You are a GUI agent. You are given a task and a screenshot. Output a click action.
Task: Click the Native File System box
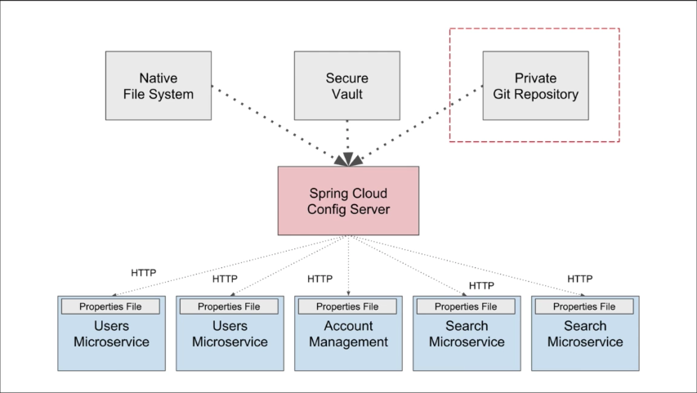click(159, 86)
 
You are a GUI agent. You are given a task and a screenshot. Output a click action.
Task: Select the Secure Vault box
click(346, 86)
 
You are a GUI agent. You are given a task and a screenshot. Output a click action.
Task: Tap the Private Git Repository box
click(535, 86)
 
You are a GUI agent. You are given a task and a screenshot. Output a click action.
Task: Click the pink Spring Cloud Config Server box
click(348, 201)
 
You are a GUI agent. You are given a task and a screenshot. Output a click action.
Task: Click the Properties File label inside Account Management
click(347, 306)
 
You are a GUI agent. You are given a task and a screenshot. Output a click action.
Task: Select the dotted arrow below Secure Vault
click(348, 139)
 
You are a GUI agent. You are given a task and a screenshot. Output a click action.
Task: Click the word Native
click(159, 78)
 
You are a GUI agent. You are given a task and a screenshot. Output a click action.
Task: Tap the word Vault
click(347, 94)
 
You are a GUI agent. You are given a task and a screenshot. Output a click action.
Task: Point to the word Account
click(347, 326)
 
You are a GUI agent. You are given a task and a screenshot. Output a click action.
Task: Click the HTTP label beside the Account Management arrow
click(320, 279)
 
